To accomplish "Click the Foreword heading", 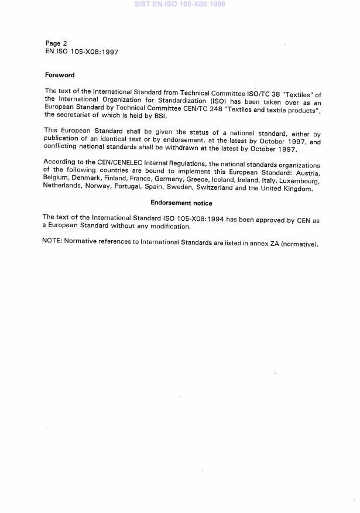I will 60,75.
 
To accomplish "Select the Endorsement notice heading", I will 181,203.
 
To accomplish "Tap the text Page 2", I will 56,43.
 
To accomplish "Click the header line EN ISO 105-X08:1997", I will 81,52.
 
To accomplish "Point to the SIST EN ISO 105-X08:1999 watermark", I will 180,4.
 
